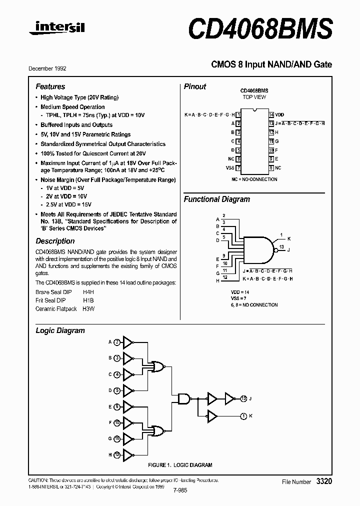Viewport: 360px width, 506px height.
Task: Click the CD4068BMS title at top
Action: click(x=260, y=28)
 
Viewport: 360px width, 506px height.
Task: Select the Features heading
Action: click(x=50, y=86)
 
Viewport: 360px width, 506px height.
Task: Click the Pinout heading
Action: click(x=195, y=86)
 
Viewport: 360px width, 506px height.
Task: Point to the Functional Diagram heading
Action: click(x=217, y=199)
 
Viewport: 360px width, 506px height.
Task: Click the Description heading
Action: click(x=55, y=241)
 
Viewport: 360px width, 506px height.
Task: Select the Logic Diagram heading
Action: click(x=60, y=330)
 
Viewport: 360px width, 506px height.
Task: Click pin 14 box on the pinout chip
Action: click(x=271, y=114)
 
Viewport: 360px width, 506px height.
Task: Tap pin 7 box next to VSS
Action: click(x=238, y=168)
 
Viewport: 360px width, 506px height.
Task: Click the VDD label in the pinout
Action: click(x=279, y=114)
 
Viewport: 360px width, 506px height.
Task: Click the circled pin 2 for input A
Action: click(x=117, y=342)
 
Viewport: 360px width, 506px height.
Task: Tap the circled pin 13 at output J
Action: click(x=243, y=398)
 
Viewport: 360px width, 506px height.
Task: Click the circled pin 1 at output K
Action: click(x=243, y=415)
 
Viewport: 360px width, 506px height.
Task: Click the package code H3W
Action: click(x=88, y=309)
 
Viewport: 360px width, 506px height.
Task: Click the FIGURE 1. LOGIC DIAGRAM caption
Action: click(x=179, y=465)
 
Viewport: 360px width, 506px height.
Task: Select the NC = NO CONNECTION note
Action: click(x=254, y=179)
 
